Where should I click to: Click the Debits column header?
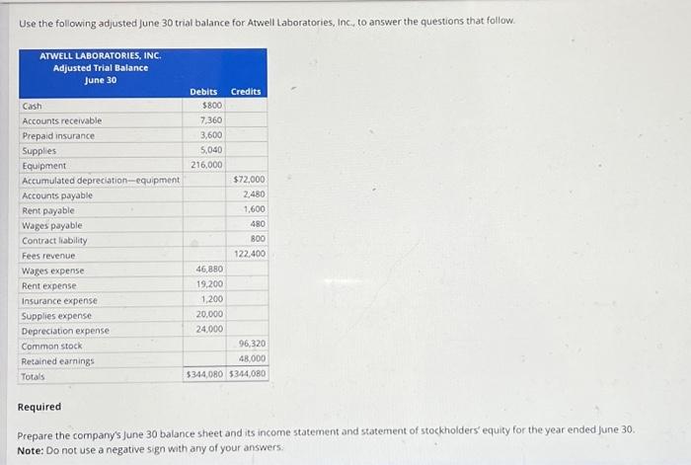click(203, 92)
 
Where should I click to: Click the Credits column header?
click(246, 92)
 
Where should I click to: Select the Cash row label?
click(32, 106)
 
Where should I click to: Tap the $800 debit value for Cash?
click(211, 106)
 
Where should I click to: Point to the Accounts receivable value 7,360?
click(210, 120)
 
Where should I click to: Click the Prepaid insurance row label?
click(58, 135)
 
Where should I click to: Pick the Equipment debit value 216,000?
click(206, 165)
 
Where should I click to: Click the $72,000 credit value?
click(249, 180)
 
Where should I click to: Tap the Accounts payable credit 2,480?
click(254, 194)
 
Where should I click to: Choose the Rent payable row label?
click(47, 210)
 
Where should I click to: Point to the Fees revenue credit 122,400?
click(251, 255)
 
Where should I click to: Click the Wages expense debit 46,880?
click(209, 269)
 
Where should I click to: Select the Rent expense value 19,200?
click(209, 284)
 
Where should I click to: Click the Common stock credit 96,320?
click(252, 344)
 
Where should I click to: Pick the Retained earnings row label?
click(57, 361)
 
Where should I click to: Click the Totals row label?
click(34, 376)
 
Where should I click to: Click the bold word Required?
click(39, 407)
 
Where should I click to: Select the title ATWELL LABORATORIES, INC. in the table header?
click(100, 55)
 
